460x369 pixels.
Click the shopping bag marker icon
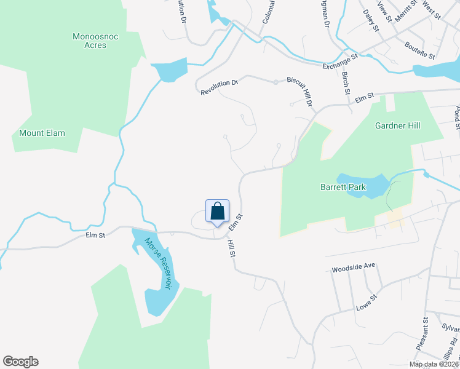pyautogui.click(x=217, y=211)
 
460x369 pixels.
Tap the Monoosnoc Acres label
pyautogui.click(x=95, y=41)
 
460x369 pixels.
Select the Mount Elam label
pyautogui.click(x=42, y=133)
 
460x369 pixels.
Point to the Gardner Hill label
pyautogui.click(x=397, y=125)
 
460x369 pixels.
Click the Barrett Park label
pyautogui.click(x=343, y=187)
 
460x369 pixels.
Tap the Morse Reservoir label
pyautogui.click(x=157, y=264)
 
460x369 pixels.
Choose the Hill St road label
pyautogui.click(x=232, y=248)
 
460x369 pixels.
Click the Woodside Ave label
pyautogui.click(x=353, y=269)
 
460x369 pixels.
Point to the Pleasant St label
pyautogui.click(x=421, y=334)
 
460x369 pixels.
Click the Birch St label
pyautogui.click(x=346, y=83)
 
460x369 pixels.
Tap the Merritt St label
pyautogui.click(x=406, y=11)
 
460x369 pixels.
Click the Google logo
pyautogui.click(x=20, y=362)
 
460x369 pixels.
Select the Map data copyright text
pyautogui.click(x=434, y=364)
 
